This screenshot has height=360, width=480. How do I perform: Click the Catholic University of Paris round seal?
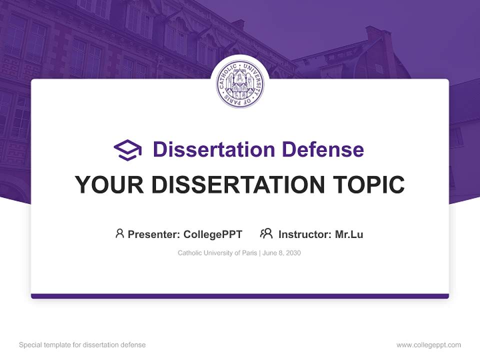click(x=240, y=83)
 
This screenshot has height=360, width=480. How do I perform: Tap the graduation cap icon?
click(x=127, y=150)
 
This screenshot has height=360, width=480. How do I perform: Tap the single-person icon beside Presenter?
click(x=119, y=233)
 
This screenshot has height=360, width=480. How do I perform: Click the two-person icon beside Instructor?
click(x=266, y=233)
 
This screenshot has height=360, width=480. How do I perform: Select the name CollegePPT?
click(x=213, y=234)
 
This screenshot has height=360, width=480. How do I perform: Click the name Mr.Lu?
click(x=349, y=234)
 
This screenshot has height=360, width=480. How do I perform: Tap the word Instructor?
click(x=305, y=234)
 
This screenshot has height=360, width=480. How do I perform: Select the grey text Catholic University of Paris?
click(x=217, y=253)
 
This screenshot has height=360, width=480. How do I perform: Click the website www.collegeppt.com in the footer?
click(x=428, y=345)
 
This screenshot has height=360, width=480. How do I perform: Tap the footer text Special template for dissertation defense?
click(x=82, y=345)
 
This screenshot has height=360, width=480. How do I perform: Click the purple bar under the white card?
click(x=240, y=296)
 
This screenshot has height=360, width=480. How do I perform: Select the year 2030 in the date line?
click(x=293, y=253)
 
